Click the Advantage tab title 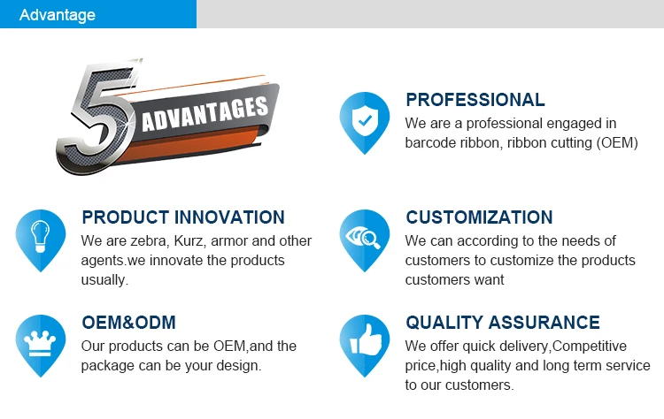(x=58, y=15)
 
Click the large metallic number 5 (x=96, y=117)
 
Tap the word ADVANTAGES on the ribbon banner (x=205, y=114)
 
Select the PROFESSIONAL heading (x=475, y=100)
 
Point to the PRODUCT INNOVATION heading (x=183, y=217)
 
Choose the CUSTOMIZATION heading (x=479, y=217)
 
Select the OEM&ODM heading (x=128, y=323)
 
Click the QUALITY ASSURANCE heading (x=503, y=323)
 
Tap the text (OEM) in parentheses (x=617, y=143)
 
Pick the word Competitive (x=590, y=347)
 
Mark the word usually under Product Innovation (x=104, y=280)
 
